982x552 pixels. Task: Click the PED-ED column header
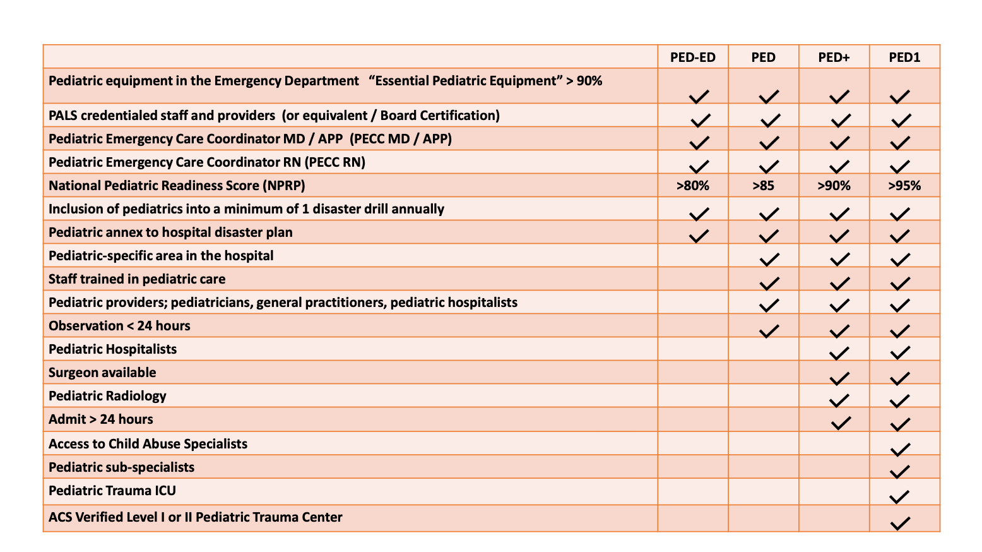[x=692, y=57]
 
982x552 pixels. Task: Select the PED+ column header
[x=834, y=57]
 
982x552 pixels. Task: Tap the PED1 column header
[x=904, y=57]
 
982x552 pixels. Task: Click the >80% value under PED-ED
[x=692, y=186]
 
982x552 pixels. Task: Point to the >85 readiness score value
[x=763, y=186]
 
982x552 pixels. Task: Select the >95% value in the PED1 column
[x=904, y=186]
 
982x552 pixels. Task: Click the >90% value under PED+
[x=834, y=186]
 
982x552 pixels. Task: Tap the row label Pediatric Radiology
[x=107, y=396]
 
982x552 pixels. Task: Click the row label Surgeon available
[x=102, y=373]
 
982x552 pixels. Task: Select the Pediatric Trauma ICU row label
[x=112, y=491]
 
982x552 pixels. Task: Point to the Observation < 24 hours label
[x=119, y=326]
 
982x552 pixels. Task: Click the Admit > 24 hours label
[x=101, y=419]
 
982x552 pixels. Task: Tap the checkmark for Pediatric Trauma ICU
[x=899, y=496]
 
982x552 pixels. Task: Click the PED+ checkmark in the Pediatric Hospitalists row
[x=839, y=353]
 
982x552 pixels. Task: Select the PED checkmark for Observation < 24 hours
[x=768, y=330]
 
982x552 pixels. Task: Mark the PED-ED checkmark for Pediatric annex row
[x=698, y=236]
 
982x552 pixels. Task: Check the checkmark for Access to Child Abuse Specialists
[x=899, y=449]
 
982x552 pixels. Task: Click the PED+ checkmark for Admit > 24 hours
[x=841, y=423]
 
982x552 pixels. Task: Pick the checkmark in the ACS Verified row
[x=899, y=523]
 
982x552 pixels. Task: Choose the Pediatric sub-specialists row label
[x=121, y=467]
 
